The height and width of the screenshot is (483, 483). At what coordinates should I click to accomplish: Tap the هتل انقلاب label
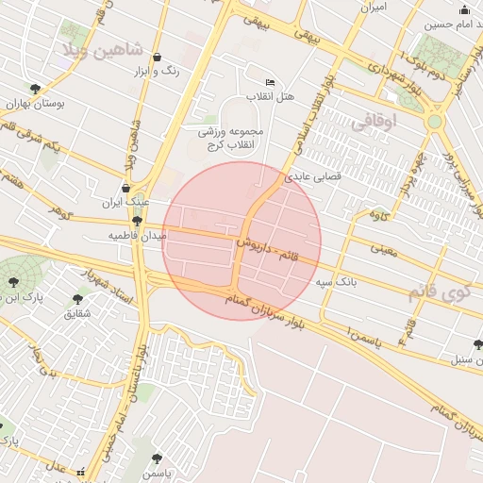[271, 96]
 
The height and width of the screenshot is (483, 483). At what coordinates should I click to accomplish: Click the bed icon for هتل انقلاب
[271, 82]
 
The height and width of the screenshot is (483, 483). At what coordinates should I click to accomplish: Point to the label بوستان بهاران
[35, 104]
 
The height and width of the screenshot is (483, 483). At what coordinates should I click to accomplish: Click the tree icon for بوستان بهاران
[35, 90]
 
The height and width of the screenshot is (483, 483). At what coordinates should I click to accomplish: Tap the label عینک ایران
[126, 202]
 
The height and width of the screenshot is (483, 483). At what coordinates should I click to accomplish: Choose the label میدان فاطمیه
[137, 234]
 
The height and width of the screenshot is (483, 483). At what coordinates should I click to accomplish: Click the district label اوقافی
[375, 121]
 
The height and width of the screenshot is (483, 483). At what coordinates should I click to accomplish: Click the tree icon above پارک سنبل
[478, 345]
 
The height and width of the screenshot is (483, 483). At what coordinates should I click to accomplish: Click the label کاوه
[379, 216]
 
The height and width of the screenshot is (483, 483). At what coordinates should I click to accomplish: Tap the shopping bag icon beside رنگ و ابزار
[157, 57]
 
